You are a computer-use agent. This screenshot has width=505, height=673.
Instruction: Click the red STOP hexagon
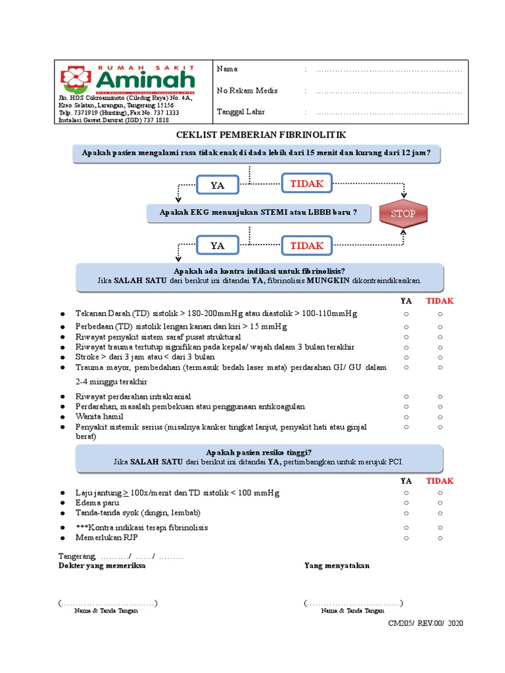[403, 214]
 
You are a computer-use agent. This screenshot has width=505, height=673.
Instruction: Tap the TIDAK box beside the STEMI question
[307, 245]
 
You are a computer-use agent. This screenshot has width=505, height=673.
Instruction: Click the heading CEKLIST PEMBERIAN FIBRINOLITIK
[260, 135]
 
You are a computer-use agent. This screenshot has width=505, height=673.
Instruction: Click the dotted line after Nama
[389, 69]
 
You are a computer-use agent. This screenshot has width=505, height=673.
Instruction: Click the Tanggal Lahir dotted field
[389, 112]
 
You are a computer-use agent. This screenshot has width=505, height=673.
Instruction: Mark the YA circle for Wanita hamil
[406, 417]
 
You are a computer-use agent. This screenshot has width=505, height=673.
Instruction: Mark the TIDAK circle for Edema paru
[440, 503]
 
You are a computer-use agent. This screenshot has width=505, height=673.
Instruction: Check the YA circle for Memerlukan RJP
[406, 538]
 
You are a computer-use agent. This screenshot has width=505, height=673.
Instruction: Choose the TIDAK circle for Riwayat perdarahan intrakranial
[440, 396]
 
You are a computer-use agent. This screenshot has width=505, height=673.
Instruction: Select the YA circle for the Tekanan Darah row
[406, 313]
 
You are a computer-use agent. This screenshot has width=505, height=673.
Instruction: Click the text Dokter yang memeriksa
[102, 565]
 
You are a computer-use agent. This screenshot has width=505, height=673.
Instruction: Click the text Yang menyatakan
[337, 565]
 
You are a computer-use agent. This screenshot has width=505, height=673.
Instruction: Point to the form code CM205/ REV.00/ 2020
[425, 623]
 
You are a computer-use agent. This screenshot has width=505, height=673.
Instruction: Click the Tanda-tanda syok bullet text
[138, 513]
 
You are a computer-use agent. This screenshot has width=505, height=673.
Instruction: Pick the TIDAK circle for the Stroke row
[440, 357]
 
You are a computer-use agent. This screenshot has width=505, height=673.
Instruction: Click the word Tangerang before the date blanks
[77, 556]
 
